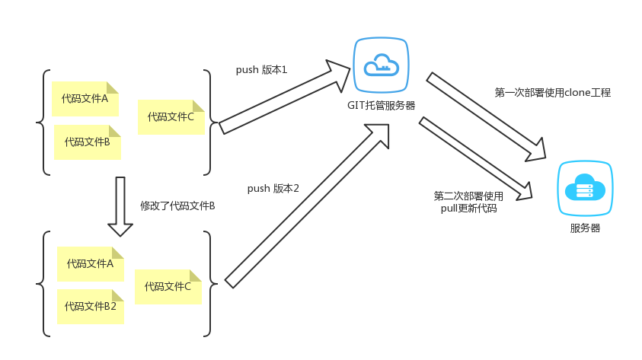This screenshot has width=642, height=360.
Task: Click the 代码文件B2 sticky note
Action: (91, 307)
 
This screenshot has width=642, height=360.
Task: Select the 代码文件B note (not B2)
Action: (88, 142)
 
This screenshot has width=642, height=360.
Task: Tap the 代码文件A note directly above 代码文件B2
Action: (91, 264)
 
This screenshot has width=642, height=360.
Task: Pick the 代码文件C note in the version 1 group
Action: (171, 117)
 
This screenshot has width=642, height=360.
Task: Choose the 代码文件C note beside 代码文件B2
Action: (168, 287)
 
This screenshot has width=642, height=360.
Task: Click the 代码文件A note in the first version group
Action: (85, 99)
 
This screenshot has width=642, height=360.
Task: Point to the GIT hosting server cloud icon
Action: (381, 65)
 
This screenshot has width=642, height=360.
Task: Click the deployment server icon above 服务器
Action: (585, 189)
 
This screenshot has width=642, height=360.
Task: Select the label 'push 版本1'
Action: (261, 70)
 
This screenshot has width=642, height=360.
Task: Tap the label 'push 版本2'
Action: (273, 188)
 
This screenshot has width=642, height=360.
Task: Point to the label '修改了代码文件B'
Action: (177, 206)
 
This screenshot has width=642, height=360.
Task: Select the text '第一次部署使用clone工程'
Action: (552, 93)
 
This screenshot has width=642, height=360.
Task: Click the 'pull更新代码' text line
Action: (468, 208)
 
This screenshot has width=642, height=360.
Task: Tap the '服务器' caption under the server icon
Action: (585, 228)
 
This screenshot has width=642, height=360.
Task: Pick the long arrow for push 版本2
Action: (308, 205)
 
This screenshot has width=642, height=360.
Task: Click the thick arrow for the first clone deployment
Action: (487, 116)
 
